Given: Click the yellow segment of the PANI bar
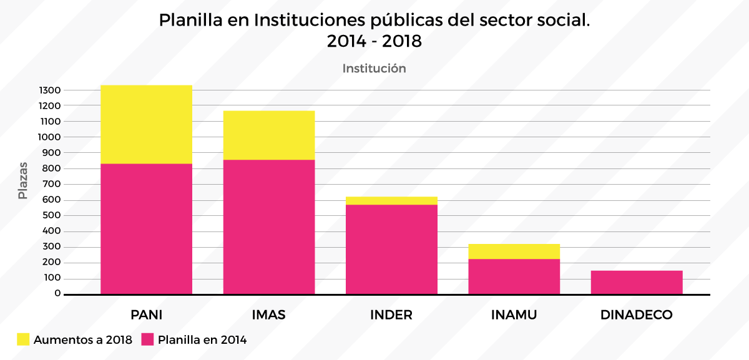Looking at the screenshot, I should (x=146, y=124).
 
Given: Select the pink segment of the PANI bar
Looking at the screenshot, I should (x=146, y=228).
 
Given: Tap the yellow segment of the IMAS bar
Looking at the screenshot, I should (x=269, y=135).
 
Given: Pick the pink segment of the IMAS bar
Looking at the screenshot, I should (x=269, y=226).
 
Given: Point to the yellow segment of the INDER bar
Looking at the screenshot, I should (x=391, y=200).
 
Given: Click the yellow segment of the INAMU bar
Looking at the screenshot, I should (x=514, y=251).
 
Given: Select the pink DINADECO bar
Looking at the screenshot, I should (x=637, y=282).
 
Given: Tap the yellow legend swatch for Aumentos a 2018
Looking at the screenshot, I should (x=23, y=340).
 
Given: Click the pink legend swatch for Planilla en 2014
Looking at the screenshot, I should (x=147, y=340).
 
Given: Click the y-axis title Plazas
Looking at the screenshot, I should (x=23, y=180).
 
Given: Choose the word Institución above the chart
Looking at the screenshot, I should (x=374, y=69).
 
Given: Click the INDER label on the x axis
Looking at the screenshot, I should (x=391, y=314).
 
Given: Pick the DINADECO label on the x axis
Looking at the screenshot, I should (x=637, y=314).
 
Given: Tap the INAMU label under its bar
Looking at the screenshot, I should (x=514, y=314).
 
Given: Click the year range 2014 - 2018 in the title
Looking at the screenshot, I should (x=374, y=42).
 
